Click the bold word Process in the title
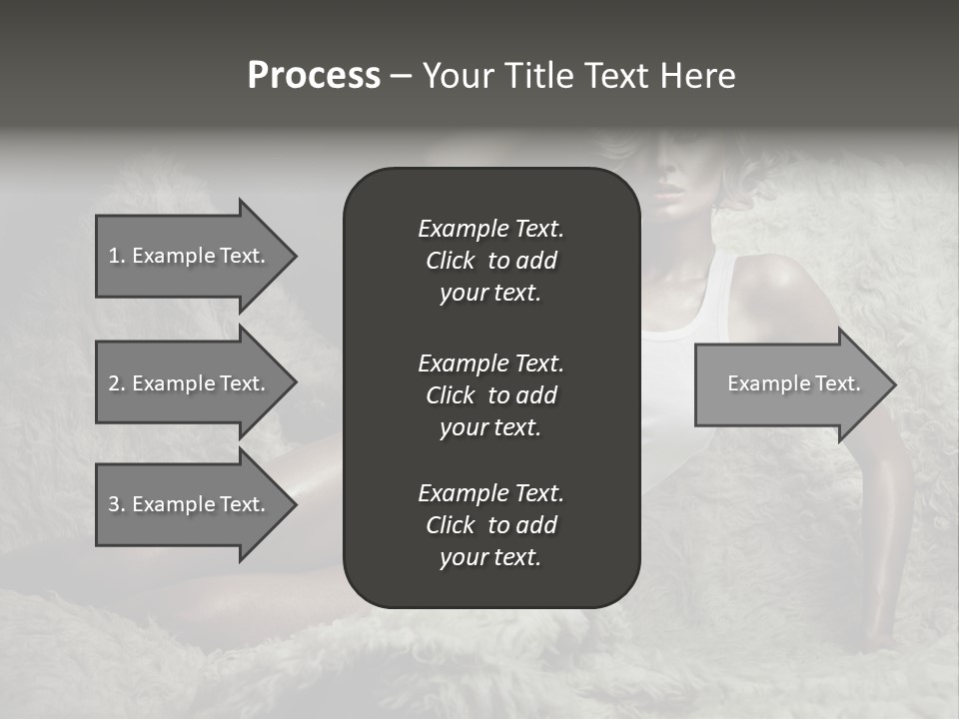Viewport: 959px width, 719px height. tap(314, 76)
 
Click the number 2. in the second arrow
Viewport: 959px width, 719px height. tap(117, 383)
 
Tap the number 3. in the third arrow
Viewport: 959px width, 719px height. tap(117, 504)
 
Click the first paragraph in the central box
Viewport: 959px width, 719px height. tap(490, 261)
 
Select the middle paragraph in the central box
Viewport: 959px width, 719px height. tap(490, 395)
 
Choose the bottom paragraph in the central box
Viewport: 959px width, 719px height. tap(490, 525)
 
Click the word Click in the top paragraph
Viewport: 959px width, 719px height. tap(451, 261)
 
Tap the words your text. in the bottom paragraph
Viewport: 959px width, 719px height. tap(490, 558)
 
